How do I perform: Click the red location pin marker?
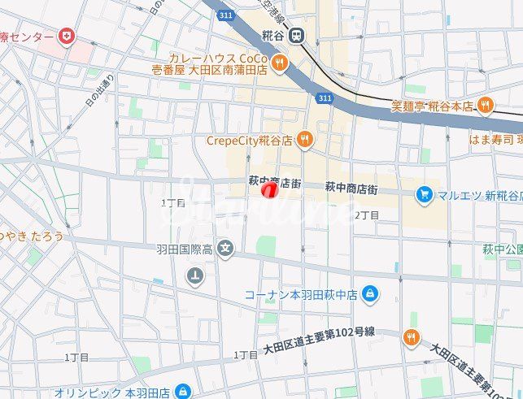point(268,190)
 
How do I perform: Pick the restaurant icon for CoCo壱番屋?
point(280,63)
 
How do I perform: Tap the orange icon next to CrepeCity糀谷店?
point(304,140)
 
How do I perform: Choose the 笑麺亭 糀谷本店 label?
point(431,105)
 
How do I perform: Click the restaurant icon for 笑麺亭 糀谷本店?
point(486,105)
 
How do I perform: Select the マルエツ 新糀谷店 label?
point(477,194)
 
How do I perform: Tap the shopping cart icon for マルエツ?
point(423,194)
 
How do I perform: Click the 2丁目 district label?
point(367,215)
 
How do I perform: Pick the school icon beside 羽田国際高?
point(225,249)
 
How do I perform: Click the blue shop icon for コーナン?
point(370,293)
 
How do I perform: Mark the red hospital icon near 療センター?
point(64,37)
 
